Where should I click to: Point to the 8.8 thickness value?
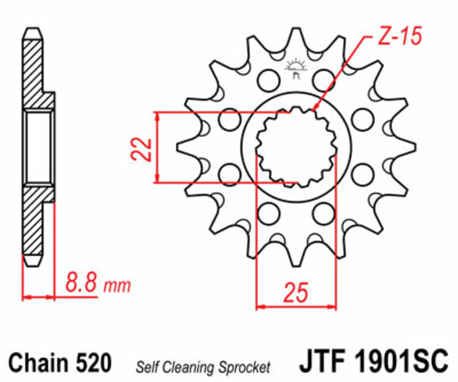click(x=82, y=284)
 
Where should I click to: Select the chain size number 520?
click(x=92, y=363)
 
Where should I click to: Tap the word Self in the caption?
click(x=144, y=365)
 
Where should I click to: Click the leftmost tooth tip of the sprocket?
click(x=178, y=147)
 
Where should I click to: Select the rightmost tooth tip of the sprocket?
click(x=413, y=147)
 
